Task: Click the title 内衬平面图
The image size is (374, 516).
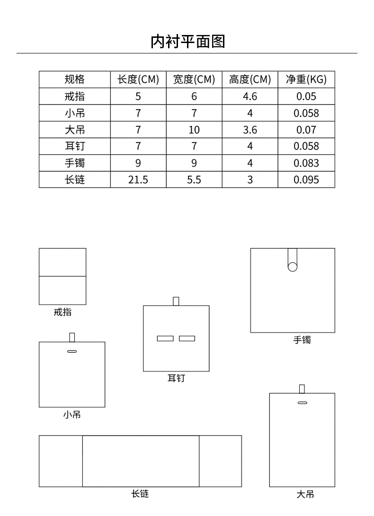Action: click(187, 42)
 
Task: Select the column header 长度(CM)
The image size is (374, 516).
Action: click(138, 79)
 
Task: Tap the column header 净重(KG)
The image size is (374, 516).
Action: click(306, 79)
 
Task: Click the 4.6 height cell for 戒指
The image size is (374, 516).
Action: click(250, 96)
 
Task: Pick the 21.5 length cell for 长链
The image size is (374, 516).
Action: click(138, 180)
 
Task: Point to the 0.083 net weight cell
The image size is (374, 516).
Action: click(306, 163)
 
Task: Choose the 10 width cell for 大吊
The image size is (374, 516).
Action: click(194, 130)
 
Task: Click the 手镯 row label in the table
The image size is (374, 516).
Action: click(75, 163)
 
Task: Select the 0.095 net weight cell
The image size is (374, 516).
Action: click(306, 180)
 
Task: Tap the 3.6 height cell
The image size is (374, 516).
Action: click(250, 130)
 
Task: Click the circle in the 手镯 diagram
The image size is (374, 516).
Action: click(293, 267)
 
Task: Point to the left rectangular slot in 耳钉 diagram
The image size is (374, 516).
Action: click(165, 338)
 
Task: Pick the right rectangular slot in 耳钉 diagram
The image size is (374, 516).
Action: click(187, 338)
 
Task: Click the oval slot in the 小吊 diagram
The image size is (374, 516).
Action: click(72, 351)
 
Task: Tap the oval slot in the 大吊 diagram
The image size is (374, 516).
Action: click(302, 402)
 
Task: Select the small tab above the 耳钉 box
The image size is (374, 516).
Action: click(176, 301)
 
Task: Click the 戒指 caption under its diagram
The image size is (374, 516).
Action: click(62, 312)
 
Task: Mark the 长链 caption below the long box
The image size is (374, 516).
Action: click(140, 494)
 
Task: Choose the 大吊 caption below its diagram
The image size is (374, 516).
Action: click(305, 495)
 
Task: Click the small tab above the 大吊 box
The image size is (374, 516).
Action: click(302, 389)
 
